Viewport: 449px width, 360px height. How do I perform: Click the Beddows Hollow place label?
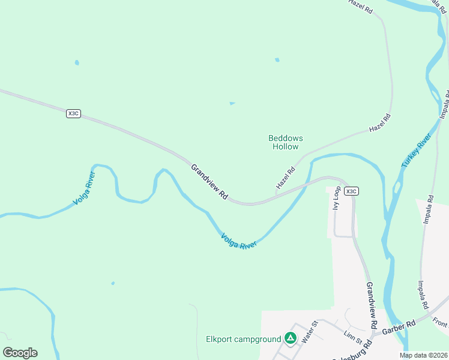coord(285,142)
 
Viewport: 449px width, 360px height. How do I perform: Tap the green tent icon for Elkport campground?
coord(291,339)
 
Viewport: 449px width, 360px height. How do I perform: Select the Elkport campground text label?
coord(243,339)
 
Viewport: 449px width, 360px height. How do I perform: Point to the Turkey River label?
coord(417,151)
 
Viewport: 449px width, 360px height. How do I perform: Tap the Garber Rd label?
coord(402,324)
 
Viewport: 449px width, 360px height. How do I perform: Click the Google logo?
coord(20,353)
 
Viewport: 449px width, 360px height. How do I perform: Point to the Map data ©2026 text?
coord(424,355)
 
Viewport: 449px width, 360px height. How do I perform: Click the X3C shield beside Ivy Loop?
coord(352,191)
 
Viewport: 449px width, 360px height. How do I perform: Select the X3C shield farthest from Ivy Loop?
coord(73,113)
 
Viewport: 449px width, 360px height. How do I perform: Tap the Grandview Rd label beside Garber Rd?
coord(371,306)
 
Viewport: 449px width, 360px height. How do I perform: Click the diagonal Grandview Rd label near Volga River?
coord(210,182)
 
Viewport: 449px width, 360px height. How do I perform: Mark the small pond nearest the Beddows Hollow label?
coord(232,103)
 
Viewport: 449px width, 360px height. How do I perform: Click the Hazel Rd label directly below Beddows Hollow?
coord(286,178)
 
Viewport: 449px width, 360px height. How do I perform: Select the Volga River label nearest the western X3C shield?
coord(84,189)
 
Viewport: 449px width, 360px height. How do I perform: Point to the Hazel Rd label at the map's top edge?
coord(361,7)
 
